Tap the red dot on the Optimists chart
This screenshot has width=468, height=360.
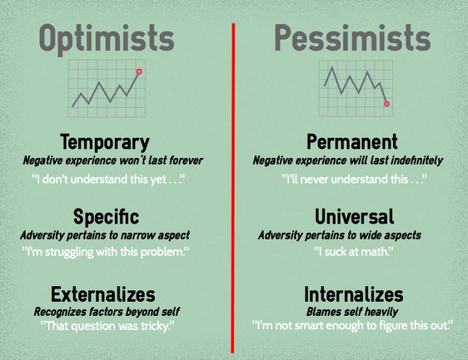click(x=139, y=71)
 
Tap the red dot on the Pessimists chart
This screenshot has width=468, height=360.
click(x=386, y=104)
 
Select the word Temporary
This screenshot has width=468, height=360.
click(x=104, y=143)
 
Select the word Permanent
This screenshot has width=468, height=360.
click(x=352, y=143)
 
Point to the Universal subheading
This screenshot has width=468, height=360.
click(x=354, y=217)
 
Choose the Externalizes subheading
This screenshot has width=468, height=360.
click(x=103, y=294)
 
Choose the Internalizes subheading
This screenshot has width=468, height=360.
click(x=354, y=294)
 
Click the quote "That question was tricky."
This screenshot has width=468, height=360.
click(x=107, y=326)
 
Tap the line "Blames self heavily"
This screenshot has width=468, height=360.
click(x=352, y=312)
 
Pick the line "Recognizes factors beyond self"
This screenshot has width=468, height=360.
click(x=106, y=312)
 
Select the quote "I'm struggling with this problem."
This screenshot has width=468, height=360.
click(x=106, y=252)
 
